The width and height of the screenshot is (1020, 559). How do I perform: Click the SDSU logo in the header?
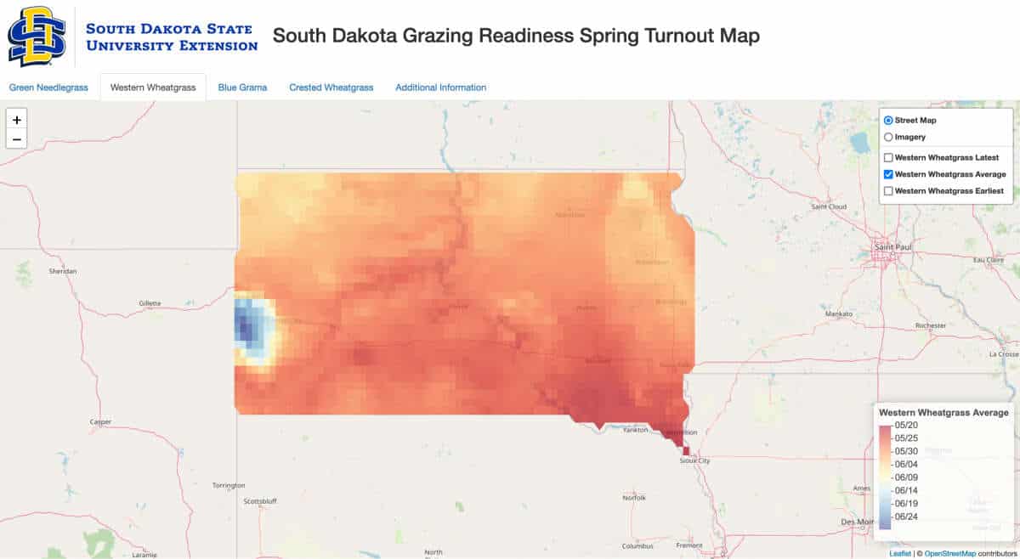pyautogui.click(x=37, y=37)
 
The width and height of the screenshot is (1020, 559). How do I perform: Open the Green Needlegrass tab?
pyautogui.click(x=48, y=88)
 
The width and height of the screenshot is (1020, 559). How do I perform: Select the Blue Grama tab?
pyautogui.click(x=242, y=88)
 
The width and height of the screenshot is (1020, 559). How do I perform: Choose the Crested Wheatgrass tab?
pyautogui.click(x=331, y=88)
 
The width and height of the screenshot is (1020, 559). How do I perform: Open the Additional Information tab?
pyautogui.click(x=440, y=88)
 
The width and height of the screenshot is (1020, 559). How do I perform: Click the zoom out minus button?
pyautogui.click(x=16, y=138)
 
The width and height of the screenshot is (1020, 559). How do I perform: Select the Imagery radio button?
pyautogui.click(x=888, y=137)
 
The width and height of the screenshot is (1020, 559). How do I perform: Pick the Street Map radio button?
pyautogui.click(x=888, y=121)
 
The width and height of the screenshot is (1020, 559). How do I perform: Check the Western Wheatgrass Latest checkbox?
pyautogui.click(x=888, y=158)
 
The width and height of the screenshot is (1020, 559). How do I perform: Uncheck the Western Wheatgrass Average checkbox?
pyautogui.click(x=888, y=174)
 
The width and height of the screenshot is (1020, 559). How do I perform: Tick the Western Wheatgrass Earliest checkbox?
pyautogui.click(x=888, y=191)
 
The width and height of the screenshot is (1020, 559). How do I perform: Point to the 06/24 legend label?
pyautogui.click(x=906, y=517)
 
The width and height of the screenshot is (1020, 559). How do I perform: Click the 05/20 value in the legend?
pyautogui.click(x=906, y=425)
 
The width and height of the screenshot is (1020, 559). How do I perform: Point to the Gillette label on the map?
pyautogui.click(x=149, y=303)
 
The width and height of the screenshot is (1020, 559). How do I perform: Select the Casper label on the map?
pyautogui.click(x=100, y=421)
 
